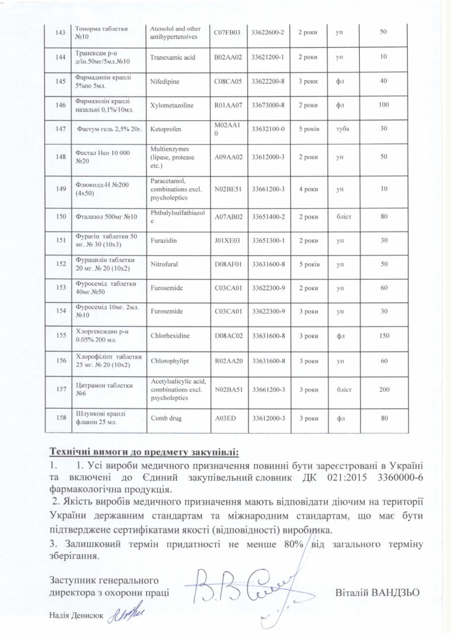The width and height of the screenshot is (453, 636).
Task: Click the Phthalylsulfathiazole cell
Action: point(176,216)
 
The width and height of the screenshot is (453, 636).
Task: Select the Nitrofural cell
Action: point(165,264)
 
